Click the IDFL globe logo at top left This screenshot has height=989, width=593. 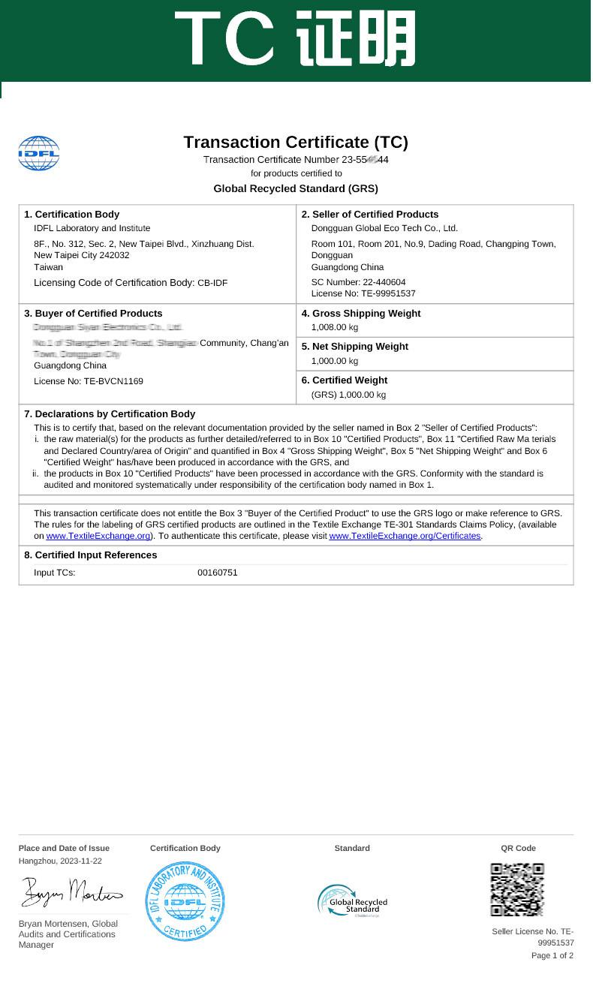click(38, 153)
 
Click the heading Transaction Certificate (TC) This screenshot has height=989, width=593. click(296, 142)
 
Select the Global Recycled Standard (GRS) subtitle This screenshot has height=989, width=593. click(296, 188)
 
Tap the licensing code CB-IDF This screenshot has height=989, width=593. click(212, 283)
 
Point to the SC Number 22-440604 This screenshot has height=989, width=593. click(358, 282)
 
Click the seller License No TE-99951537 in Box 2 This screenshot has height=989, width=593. click(363, 293)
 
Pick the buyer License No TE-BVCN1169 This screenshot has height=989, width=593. click(89, 381)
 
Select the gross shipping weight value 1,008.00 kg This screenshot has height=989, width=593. click(335, 327)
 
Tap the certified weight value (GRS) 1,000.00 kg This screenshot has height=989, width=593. click(348, 395)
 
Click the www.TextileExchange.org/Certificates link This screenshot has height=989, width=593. click(405, 536)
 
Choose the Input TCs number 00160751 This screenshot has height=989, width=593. click(218, 573)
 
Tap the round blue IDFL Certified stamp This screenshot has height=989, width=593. click(185, 901)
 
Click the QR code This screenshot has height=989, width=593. click(517, 889)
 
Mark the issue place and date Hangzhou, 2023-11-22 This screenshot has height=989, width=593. click(60, 861)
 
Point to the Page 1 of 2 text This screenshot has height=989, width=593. click(552, 955)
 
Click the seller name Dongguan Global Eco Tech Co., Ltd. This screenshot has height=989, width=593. click(384, 228)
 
